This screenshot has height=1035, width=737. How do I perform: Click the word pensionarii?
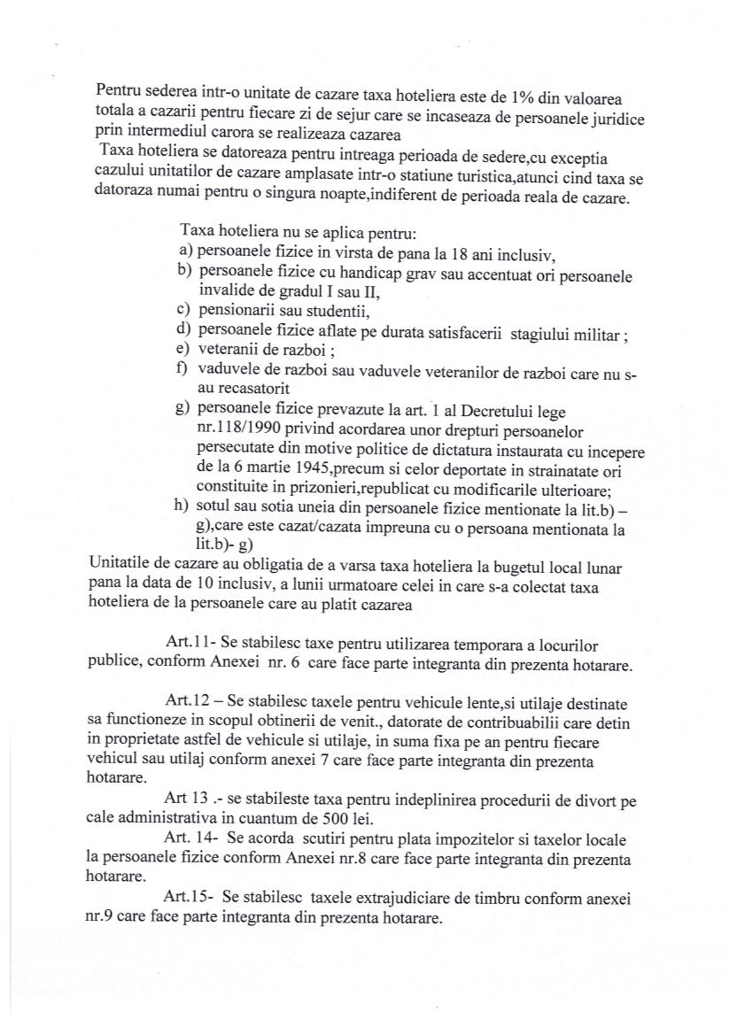(x=234, y=312)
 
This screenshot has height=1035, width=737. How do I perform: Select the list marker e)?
(x=186, y=351)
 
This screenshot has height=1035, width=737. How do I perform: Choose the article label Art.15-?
(x=190, y=898)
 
